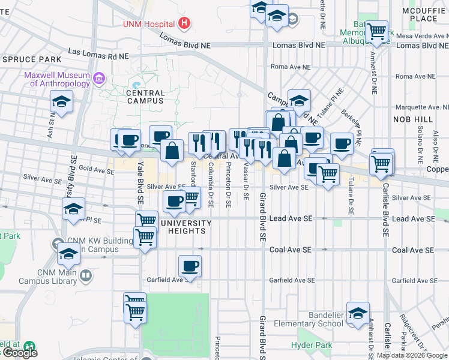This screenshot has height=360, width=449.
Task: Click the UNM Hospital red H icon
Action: pos(184,24)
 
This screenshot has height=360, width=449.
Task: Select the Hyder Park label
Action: pos(312,345)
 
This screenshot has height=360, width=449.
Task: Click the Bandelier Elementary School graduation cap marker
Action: pos(358,314)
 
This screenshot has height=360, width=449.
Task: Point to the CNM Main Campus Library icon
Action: pos(86,275)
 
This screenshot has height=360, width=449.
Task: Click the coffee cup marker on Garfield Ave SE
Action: pos(190,266)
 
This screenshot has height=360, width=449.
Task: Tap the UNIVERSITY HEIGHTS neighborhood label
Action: pos(186,227)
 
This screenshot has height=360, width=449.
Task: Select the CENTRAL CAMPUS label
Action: pos(145,97)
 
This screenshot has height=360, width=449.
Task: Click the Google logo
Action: pos(20,353)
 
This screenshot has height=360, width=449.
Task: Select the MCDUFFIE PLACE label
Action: pos(420,14)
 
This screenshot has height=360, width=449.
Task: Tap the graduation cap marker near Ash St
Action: pos(62,102)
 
